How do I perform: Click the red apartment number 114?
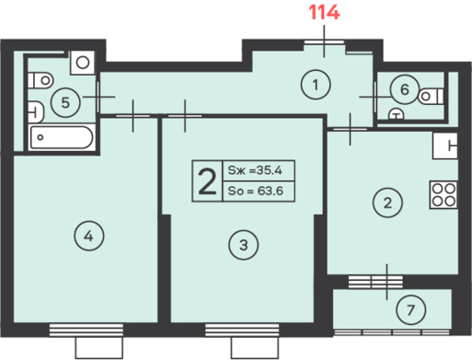(324, 13)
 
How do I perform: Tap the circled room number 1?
(316, 85)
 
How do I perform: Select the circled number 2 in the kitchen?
(387, 203)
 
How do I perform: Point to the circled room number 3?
(244, 245)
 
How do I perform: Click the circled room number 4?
(89, 236)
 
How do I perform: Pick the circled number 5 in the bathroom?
(65, 102)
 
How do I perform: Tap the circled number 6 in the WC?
(405, 89)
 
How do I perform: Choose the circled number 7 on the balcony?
(410, 310)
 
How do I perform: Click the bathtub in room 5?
(62, 137)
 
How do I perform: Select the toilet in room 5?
(40, 81)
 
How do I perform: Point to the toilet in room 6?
(431, 97)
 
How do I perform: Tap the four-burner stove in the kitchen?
(443, 195)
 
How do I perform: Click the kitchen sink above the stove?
(445, 145)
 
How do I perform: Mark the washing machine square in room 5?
(82, 63)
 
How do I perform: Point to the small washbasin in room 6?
(397, 114)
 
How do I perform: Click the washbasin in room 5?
(36, 112)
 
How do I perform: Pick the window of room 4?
(86, 330)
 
